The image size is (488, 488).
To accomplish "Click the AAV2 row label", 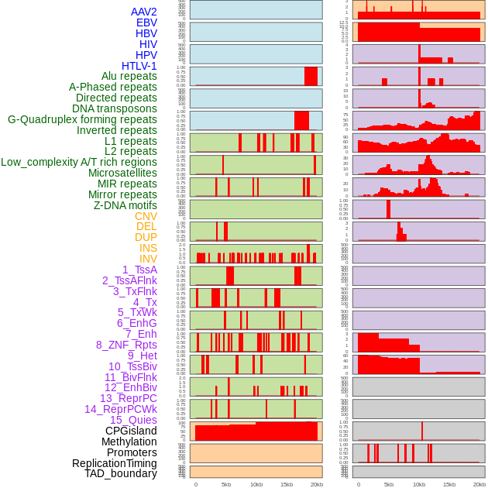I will click(144, 12).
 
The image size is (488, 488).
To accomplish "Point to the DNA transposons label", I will click(115, 109).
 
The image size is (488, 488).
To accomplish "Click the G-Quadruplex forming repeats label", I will click(82, 120).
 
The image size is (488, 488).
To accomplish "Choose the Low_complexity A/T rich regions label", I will click(79, 162).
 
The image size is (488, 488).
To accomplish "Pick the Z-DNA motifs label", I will click(125, 205).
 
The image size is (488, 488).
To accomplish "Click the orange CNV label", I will click(146, 216).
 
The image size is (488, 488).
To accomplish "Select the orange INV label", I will click(148, 259).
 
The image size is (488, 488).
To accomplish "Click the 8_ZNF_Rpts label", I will click(126, 345).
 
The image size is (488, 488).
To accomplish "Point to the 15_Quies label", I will click(133, 420).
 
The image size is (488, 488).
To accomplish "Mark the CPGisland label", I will click(131, 431).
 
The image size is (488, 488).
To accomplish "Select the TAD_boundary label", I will click(121, 473).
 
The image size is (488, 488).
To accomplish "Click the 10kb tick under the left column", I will click(256, 484).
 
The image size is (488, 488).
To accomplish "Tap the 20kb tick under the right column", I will click(479, 484).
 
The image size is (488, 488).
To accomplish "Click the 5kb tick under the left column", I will click(226, 484).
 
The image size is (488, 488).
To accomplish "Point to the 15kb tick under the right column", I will click(449, 484).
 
